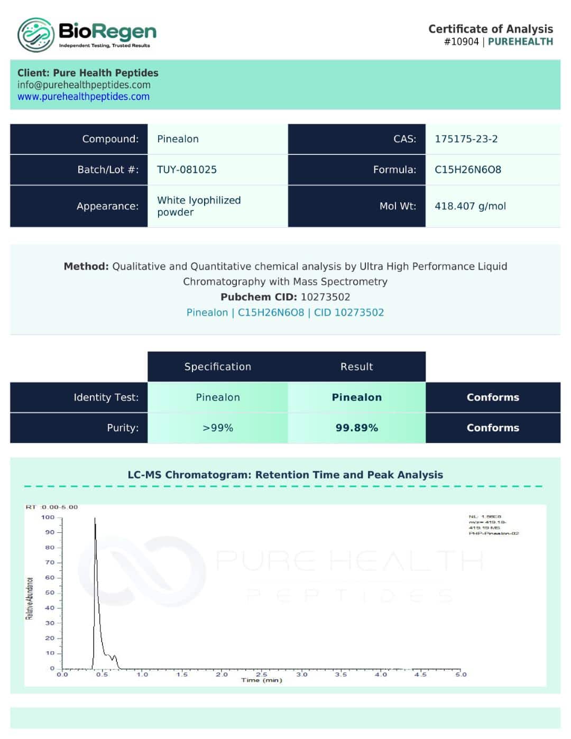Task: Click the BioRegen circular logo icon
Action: (x=35, y=35)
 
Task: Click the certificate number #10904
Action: (x=461, y=42)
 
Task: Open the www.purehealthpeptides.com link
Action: (x=84, y=97)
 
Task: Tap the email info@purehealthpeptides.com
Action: (x=84, y=85)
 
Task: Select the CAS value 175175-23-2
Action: (x=466, y=139)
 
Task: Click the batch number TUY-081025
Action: (x=187, y=170)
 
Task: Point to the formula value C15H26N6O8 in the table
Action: (x=467, y=170)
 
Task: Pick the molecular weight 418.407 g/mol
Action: (x=470, y=206)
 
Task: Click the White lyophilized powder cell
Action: (x=198, y=206)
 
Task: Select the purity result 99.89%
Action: (x=356, y=428)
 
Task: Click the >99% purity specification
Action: (x=217, y=428)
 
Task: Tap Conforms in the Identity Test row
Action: (x=492, y=397)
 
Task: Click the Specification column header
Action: (x=217, y=367)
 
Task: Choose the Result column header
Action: (x=356, y=367)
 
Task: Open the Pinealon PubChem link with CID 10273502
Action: (x=285, y=312)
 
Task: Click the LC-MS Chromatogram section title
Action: (x=285, y=475)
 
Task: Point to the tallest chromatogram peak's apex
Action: (x=95, y=519)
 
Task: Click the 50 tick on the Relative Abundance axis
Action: (x=50, y=593)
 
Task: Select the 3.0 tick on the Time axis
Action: (x=301, y=675)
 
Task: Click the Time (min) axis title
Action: (x=262, y=680)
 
